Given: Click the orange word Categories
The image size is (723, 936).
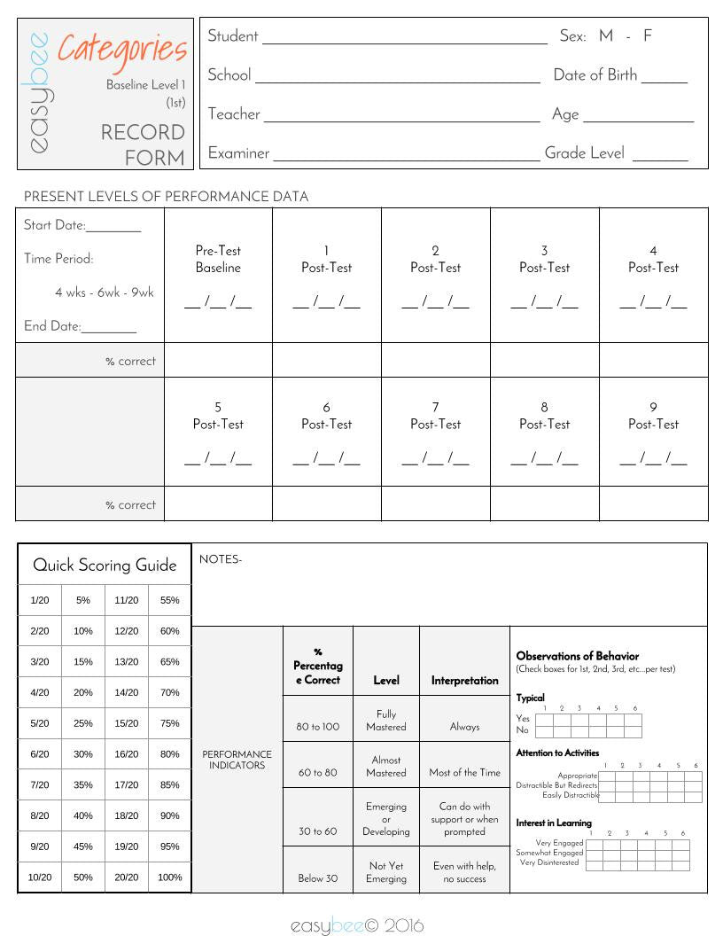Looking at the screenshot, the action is pos(122,50).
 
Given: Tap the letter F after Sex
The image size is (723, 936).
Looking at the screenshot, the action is pos(648,36).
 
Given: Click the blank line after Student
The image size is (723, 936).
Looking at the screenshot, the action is pos(404,38).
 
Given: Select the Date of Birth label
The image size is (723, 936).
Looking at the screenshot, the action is pos(595,75).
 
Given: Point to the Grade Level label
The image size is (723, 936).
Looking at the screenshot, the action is pos(584,152).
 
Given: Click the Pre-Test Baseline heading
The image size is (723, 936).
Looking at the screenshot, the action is pos(218,259).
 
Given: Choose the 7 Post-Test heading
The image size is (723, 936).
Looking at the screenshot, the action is pos(435,415).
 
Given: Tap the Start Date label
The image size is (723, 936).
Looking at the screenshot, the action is pos(54,225).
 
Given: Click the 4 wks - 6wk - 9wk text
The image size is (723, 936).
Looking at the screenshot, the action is pos(104,292).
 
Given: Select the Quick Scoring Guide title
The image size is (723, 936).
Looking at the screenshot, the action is pos(105,565).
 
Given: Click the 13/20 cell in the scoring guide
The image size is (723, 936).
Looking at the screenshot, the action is pos(127,661).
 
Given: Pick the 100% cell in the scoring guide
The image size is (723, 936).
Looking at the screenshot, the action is pos(169,877).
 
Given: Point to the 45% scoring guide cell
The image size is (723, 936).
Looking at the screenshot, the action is pos(83,846).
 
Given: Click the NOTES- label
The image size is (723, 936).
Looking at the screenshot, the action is pos(221,559).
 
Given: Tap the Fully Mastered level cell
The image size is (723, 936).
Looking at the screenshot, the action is pos(386,720).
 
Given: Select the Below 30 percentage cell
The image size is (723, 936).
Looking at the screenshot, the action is pos(318,878).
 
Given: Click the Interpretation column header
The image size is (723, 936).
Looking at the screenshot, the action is pos(464,681).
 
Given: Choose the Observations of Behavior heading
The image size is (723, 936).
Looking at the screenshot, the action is pos(577,656).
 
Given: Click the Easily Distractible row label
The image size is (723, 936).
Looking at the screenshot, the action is pos(571,795).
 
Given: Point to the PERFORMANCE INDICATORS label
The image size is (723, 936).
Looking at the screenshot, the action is pos(237,760).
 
